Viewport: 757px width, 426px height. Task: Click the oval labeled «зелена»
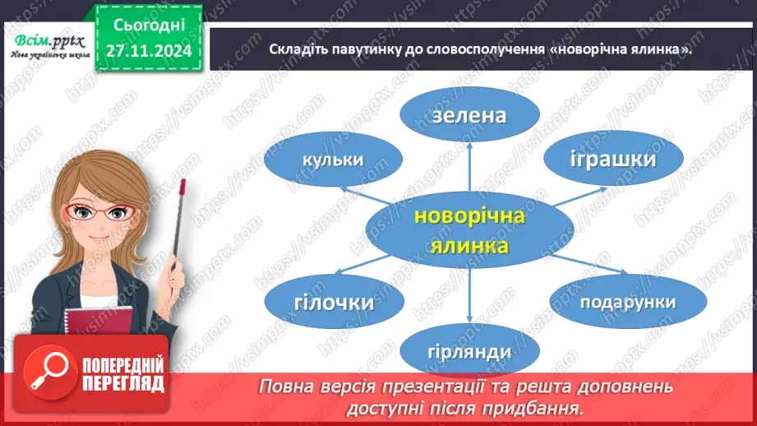(x=469, y=116)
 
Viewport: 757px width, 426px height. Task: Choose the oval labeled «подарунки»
(x=627, y=301)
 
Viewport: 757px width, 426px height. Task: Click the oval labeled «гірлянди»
(x=469, y=351)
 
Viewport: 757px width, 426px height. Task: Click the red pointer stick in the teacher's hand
(x=178, y=222)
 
